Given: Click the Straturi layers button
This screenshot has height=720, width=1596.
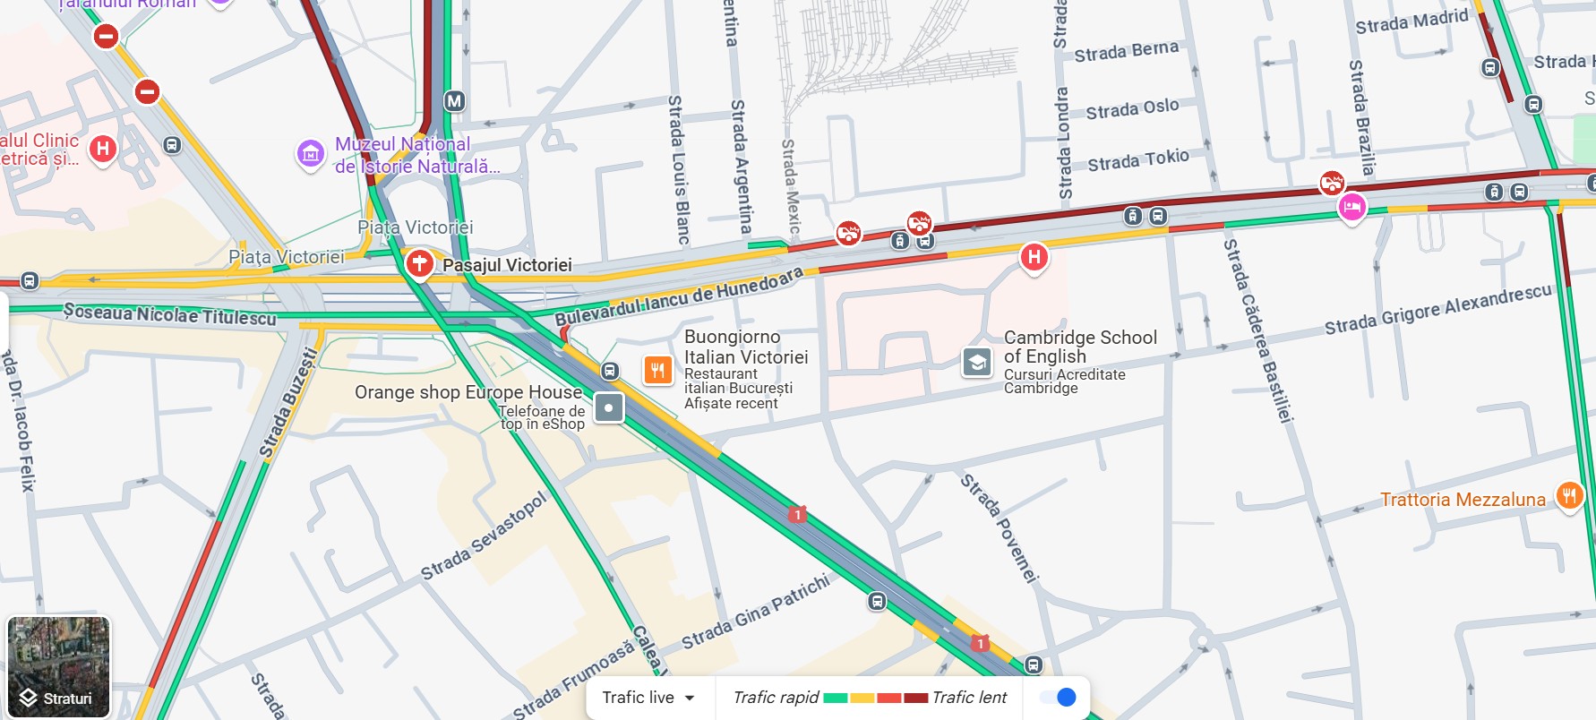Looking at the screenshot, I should pyautogui.click(x=58, y=666).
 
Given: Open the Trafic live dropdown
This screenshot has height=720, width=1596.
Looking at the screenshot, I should pyautogui.click(x=649, y=698).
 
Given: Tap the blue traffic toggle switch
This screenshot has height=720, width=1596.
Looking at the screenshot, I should pyautogui.click(x=1059, y=698).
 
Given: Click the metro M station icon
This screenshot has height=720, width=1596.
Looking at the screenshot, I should pyautogui.click(x=455, y=101).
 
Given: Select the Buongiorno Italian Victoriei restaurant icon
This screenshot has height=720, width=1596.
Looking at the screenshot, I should pyautogui.click(x=657, y=370).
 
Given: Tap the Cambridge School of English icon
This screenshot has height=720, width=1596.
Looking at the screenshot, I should pyautogui.click(x=977, y=363).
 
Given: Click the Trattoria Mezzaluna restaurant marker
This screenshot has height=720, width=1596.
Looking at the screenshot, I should pyautogui.click(x=1569, y=495).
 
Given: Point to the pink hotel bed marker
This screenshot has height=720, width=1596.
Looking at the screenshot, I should pyautogui.click(x=1351, y=208).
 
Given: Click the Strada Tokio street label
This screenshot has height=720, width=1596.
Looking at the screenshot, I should pyautogui.click(x=1138, y=160).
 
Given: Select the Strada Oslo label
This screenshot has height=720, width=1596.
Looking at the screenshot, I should pyautogui.click(x=1132, y=109).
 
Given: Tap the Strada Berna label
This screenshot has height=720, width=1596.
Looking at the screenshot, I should pyautogui.click(x=1126, y=51).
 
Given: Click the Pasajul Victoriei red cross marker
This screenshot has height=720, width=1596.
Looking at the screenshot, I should pyautogui.click(x=419, y=264).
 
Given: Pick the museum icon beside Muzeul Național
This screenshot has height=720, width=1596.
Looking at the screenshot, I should pyautogui.click(x=311, y=154).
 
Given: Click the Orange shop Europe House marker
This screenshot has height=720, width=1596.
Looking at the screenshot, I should pyautogui.click(x=609, y=408).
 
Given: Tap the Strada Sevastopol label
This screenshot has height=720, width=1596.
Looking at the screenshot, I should pyautogui.click(x=483, y=536).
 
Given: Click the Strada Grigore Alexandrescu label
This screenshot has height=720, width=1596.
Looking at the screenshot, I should pyautogui.click(x=1437, y=309).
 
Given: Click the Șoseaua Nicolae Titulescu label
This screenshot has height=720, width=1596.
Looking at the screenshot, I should pyautogui.click(x=170, y=314).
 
